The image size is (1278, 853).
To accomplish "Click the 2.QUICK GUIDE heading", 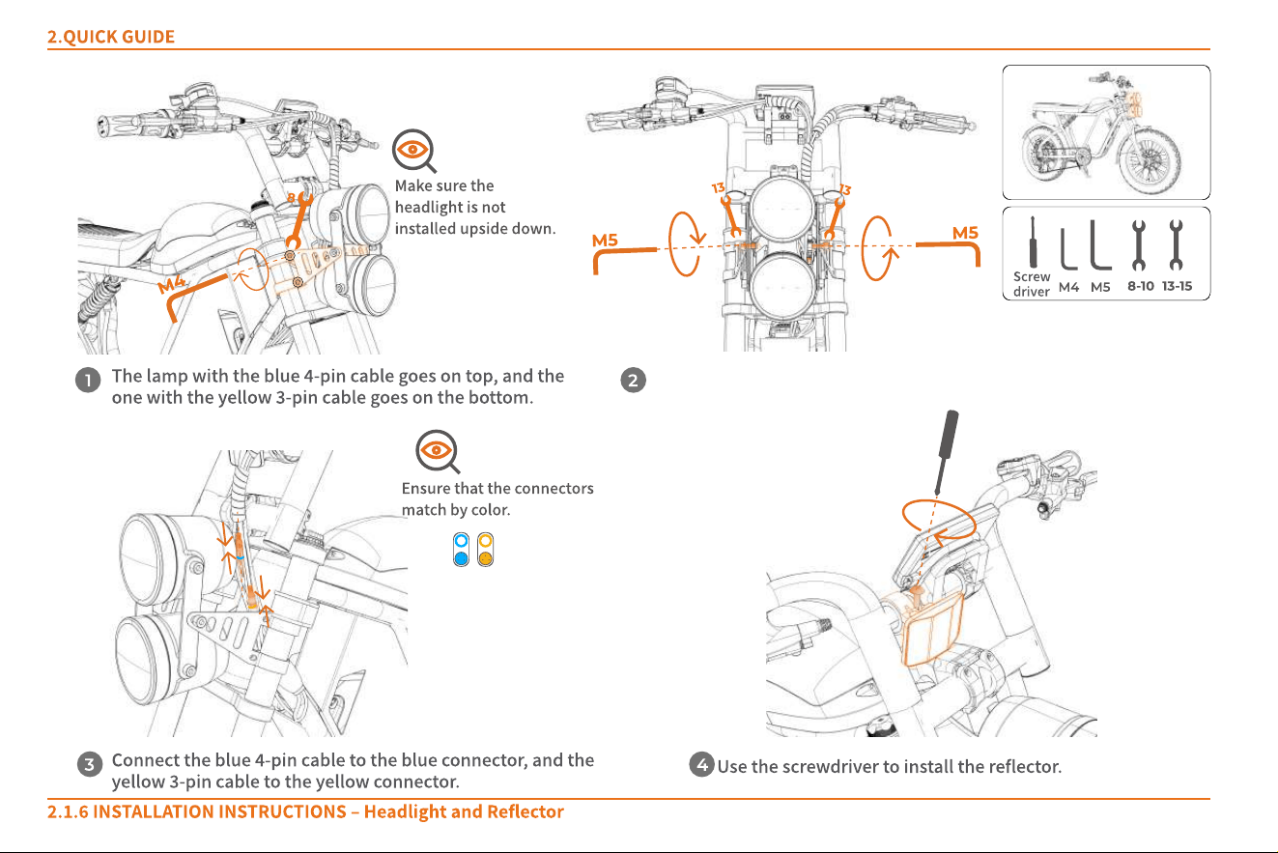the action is (111, 37).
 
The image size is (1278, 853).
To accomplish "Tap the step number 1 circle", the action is (88, 380).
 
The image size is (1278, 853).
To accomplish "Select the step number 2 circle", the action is (633, 381).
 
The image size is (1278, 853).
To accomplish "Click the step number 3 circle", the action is (90, 764).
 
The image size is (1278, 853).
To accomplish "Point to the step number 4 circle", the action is (701, 764).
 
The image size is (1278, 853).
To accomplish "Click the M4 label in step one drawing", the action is (172, 284).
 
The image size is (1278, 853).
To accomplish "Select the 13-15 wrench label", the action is (1177, 286).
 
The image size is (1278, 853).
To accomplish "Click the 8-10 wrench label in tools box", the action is (1140, 286).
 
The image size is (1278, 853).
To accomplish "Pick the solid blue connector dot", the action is (461, 557).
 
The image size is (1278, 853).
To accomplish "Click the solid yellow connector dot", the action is (485, 557).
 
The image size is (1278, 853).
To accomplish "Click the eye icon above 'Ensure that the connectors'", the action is (437, 451).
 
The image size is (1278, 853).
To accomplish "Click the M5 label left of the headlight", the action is (605, 241).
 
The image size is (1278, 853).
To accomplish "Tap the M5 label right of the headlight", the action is (965, 233).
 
